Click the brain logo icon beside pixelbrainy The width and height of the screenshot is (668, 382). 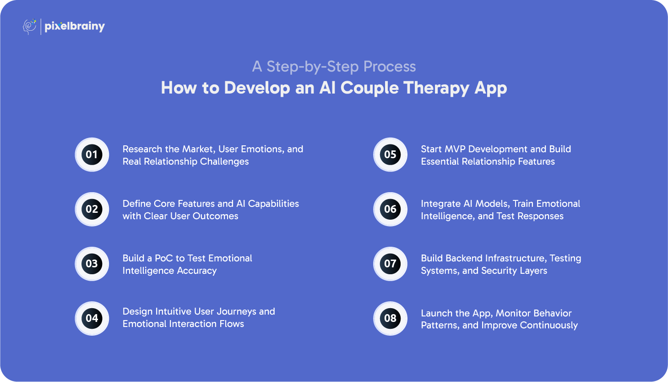[x=29, y=27]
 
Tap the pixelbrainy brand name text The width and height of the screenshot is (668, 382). [x=75, y=27]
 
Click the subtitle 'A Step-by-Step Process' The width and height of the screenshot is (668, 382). [x=334, y=66]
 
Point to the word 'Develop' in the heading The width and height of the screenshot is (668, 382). [x=257, y=88]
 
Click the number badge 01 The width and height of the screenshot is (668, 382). [x=92, y=155]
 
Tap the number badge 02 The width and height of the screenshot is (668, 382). [x=92, y=210]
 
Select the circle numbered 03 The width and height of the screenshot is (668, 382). [x=92, y=264]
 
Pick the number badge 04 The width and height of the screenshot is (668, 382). [x=92, y=318]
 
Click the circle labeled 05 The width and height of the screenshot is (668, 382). [x=391, y=155]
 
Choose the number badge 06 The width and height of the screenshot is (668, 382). [x=391, y=210]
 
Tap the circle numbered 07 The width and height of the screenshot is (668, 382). [x=391, y=264]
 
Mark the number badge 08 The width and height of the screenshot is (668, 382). [x=391, y=318]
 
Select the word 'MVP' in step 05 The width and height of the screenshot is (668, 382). [x=456, y=149]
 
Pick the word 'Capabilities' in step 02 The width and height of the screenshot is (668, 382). [x=273, y=204]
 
